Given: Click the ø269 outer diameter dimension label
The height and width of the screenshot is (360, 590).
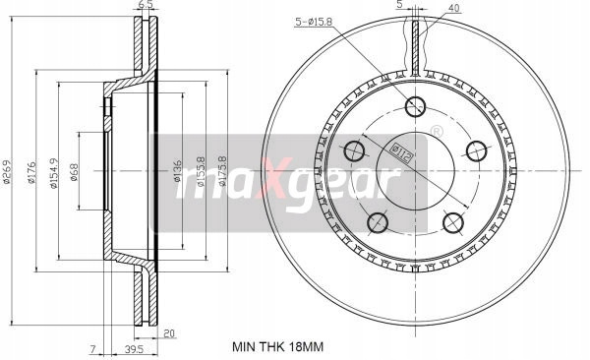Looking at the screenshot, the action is (x=8, y=171).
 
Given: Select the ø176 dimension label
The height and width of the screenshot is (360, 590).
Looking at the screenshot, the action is (x=31, y=172).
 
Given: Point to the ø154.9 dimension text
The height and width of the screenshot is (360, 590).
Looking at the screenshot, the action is (x=54, y=172).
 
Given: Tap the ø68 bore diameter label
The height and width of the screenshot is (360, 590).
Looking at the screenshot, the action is (x=74, y=172).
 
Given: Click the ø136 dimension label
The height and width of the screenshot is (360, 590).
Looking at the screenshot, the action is (x=178, y=171).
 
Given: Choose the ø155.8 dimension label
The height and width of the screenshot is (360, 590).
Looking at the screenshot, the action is (x=201, y=172).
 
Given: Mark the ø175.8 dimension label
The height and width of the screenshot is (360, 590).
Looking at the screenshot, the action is (x=223, y=171).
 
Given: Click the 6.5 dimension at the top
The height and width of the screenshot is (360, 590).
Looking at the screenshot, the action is (x=144, y=5).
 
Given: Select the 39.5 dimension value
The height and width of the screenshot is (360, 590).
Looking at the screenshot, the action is (x=135, y=350).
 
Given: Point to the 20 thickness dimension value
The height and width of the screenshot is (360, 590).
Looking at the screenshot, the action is (x=170, y=333).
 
